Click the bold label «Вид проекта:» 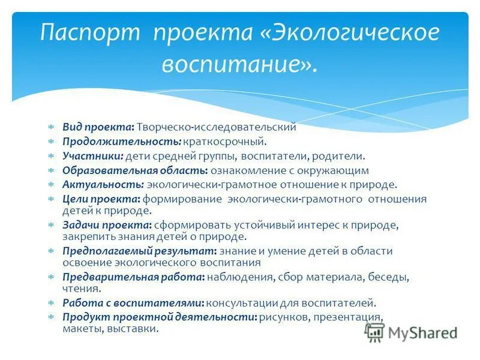click(98, 127)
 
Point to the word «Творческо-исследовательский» click(217, 127)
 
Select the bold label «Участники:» click(94, 156)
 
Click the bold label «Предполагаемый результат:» click(140, 251)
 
